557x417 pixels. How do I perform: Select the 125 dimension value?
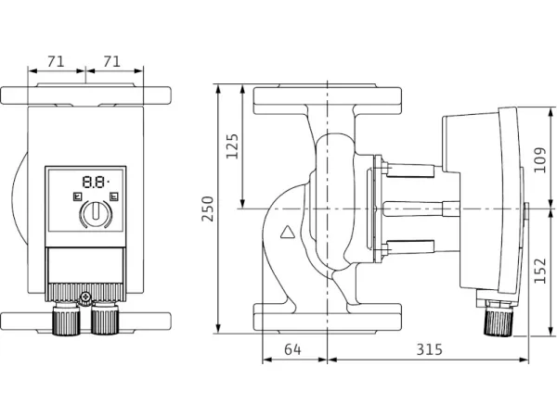[x=232, y=146]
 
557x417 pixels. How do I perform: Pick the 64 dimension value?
[x=293, y=349]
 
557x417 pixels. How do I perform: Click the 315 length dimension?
[x=427, y=349]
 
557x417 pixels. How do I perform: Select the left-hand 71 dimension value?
[x=55, y=61]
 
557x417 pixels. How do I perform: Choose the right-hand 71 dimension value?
[x=114, y=61]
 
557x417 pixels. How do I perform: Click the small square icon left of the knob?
[x=75, y=196]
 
